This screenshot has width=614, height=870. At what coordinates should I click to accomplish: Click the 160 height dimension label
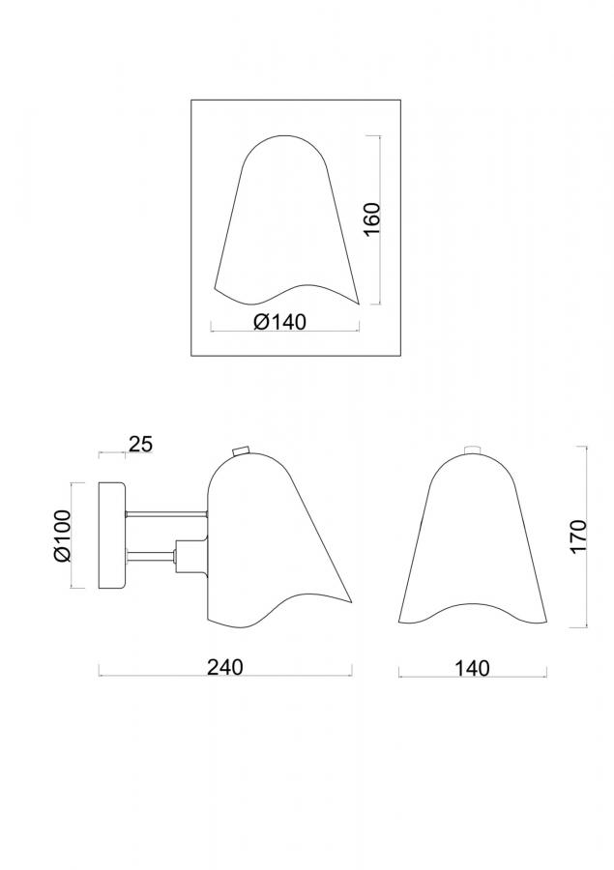point(372,219)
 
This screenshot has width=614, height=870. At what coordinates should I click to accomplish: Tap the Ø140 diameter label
point(279,322)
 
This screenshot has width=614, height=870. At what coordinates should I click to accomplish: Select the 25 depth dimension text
point(140,444)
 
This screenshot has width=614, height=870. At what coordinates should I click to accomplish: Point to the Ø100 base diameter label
point(62,536)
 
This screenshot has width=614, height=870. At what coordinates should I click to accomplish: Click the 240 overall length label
point(225,666)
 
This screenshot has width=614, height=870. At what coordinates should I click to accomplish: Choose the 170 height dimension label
point(578,536)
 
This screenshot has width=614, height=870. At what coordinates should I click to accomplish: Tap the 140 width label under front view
point(473,668)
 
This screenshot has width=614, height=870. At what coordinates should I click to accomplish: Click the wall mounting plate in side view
point(112,536)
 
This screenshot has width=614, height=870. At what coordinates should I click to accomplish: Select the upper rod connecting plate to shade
point(166,514)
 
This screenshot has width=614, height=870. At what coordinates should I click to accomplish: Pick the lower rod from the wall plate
point(151,554)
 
